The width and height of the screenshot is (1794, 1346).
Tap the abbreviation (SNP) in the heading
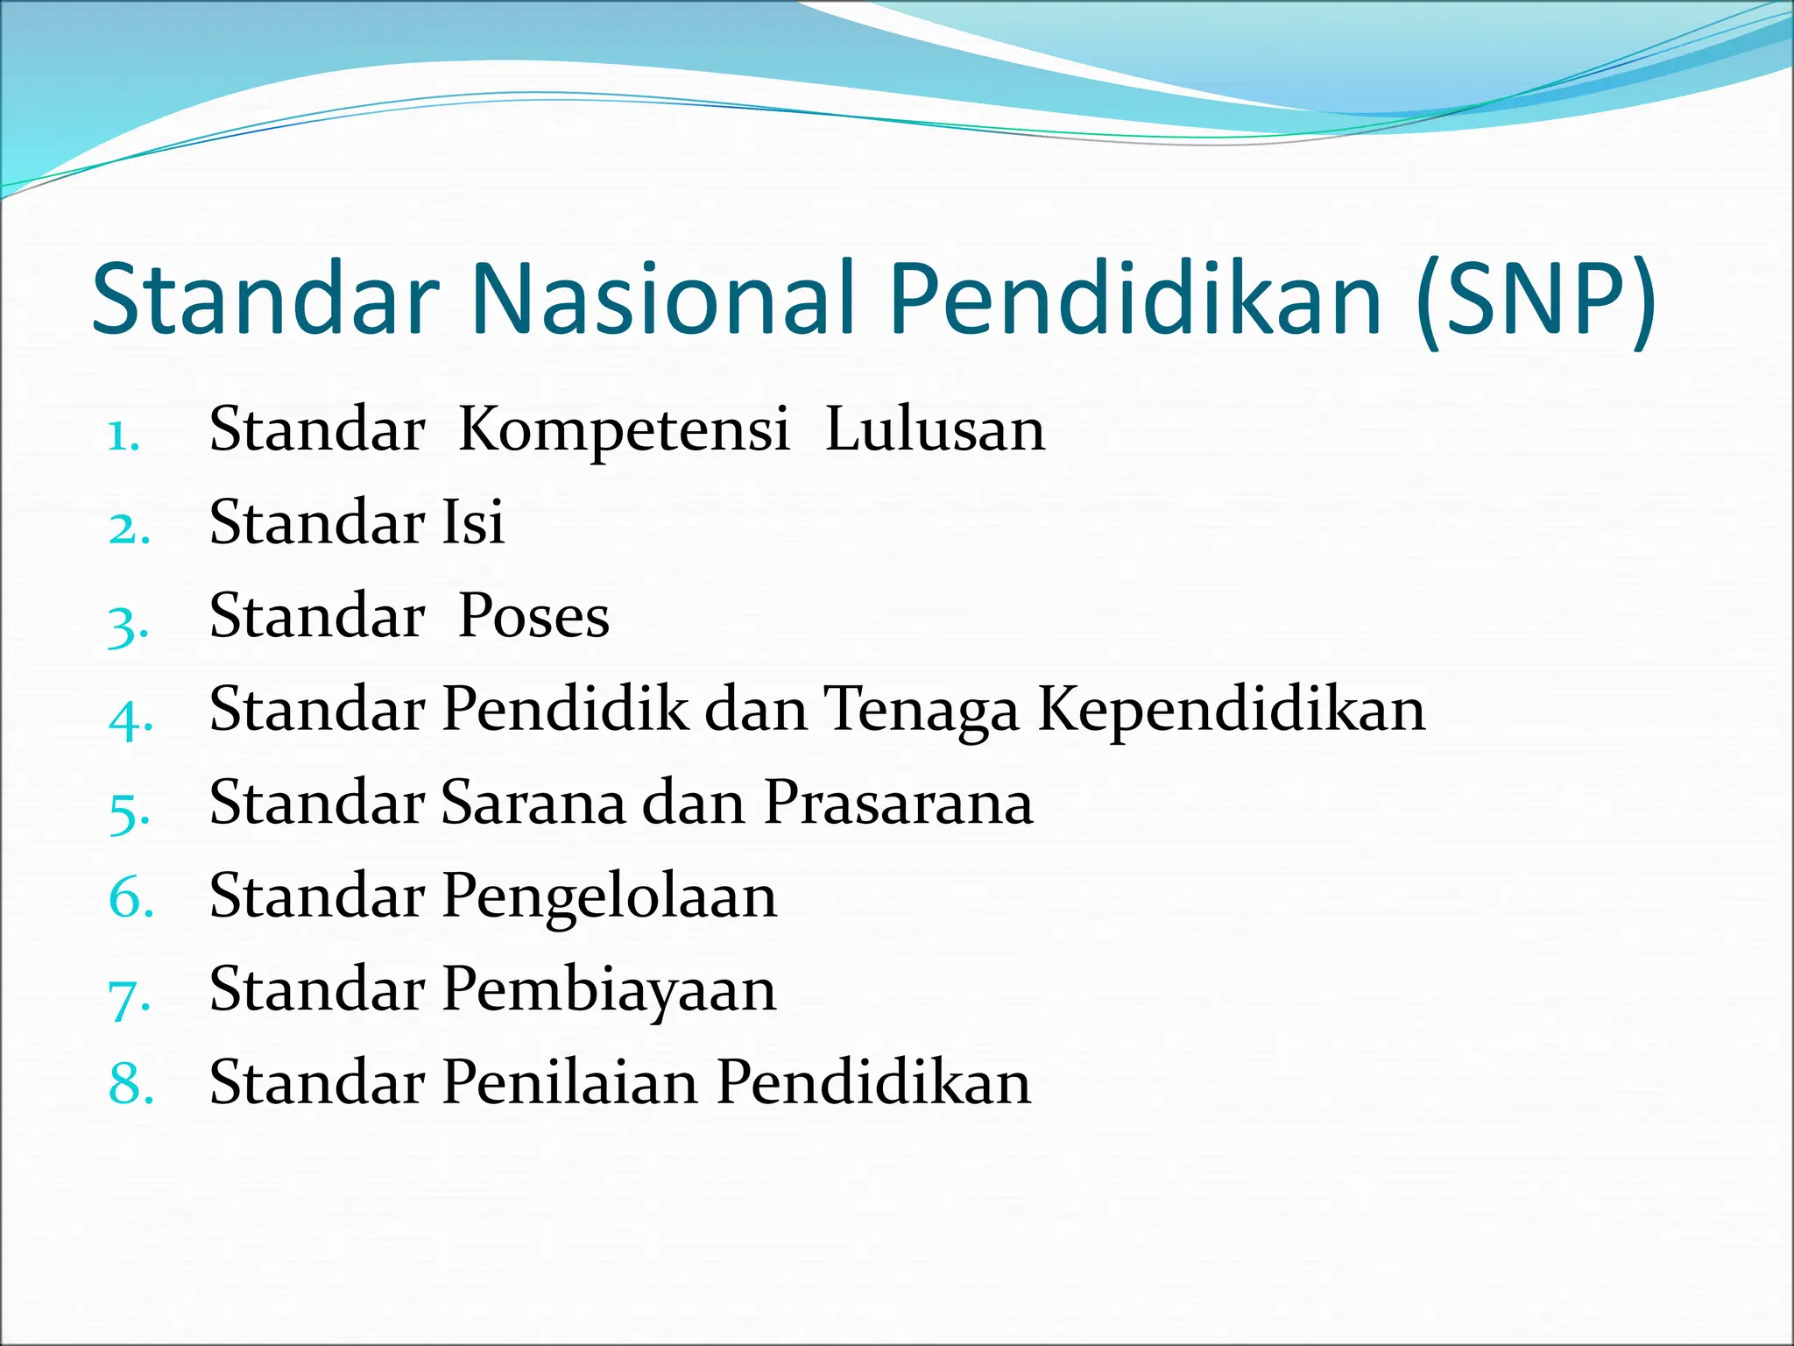(1536, 301)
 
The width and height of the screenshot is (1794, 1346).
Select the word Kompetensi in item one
(624, 431)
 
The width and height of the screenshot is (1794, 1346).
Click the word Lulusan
(935, 431)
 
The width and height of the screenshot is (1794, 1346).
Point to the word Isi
(473, 523)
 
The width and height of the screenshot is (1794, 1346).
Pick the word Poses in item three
(533, 617)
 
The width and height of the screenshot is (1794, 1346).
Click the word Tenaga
(922, 710)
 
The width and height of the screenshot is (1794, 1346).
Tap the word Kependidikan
(1232, 710)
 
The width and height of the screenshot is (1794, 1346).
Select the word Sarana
(533, 804)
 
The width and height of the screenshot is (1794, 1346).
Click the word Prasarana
(898, 804)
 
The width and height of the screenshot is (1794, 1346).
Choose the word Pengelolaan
(609, 897)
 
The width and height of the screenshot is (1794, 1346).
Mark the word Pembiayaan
(609, 991)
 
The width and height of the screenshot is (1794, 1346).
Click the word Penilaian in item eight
(570, 1083)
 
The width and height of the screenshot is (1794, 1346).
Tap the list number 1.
(124, 436)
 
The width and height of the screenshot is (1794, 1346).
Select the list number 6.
(130, 900)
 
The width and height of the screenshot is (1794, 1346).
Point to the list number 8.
(130, 1086)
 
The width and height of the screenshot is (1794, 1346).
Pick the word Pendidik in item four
(565, 710)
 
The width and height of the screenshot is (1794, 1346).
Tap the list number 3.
(127, 625)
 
